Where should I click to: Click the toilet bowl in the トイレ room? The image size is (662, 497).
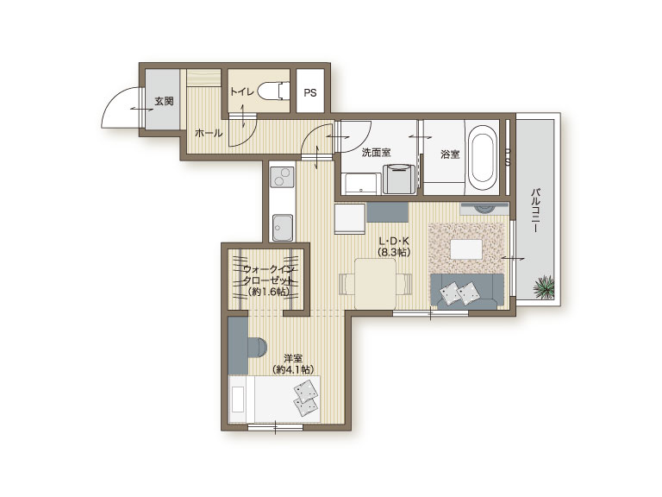point(272,91)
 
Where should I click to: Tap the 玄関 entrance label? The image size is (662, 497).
point(164,101)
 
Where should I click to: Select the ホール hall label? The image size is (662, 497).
point(209,133)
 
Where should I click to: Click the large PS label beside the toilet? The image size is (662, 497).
point(310,92)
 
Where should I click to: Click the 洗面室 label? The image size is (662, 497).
point(376,152)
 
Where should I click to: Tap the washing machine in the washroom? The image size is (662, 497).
point(399,179)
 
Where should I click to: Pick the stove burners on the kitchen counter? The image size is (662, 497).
point(282,177)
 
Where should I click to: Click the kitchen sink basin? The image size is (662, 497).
point(283,228)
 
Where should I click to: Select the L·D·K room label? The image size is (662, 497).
point(394,242)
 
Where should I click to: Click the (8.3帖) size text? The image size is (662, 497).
point(394,253)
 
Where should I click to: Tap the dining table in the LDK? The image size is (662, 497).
point(375,284)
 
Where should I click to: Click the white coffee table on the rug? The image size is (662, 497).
point(466,248)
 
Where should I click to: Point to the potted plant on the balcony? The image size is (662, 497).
point(543,287)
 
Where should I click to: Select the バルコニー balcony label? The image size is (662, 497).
point(535,210)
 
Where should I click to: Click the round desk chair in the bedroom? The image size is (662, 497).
point(258,348)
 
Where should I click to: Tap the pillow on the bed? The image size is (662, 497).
point(306,397)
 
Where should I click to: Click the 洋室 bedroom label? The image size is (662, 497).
point(293,358)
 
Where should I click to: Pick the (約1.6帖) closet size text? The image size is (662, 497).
point(269,292)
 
